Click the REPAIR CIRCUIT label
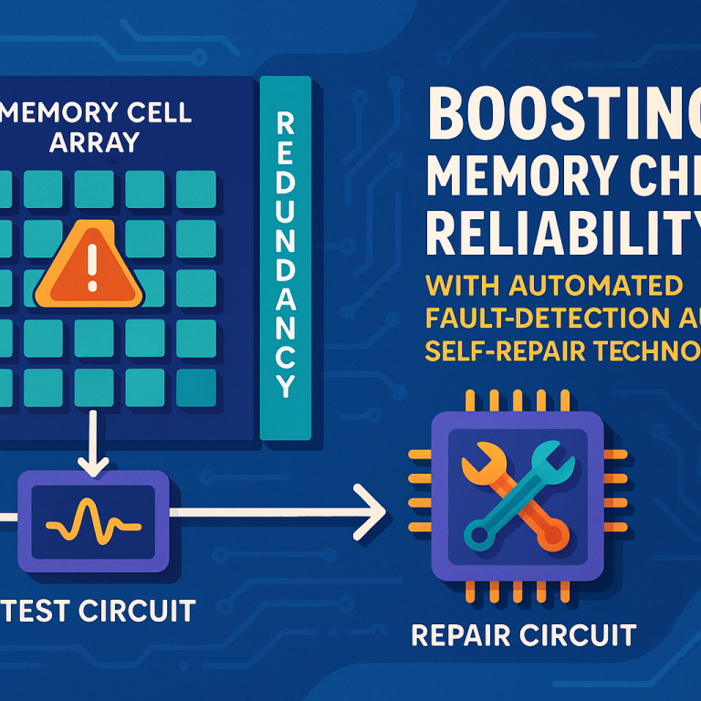523,633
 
